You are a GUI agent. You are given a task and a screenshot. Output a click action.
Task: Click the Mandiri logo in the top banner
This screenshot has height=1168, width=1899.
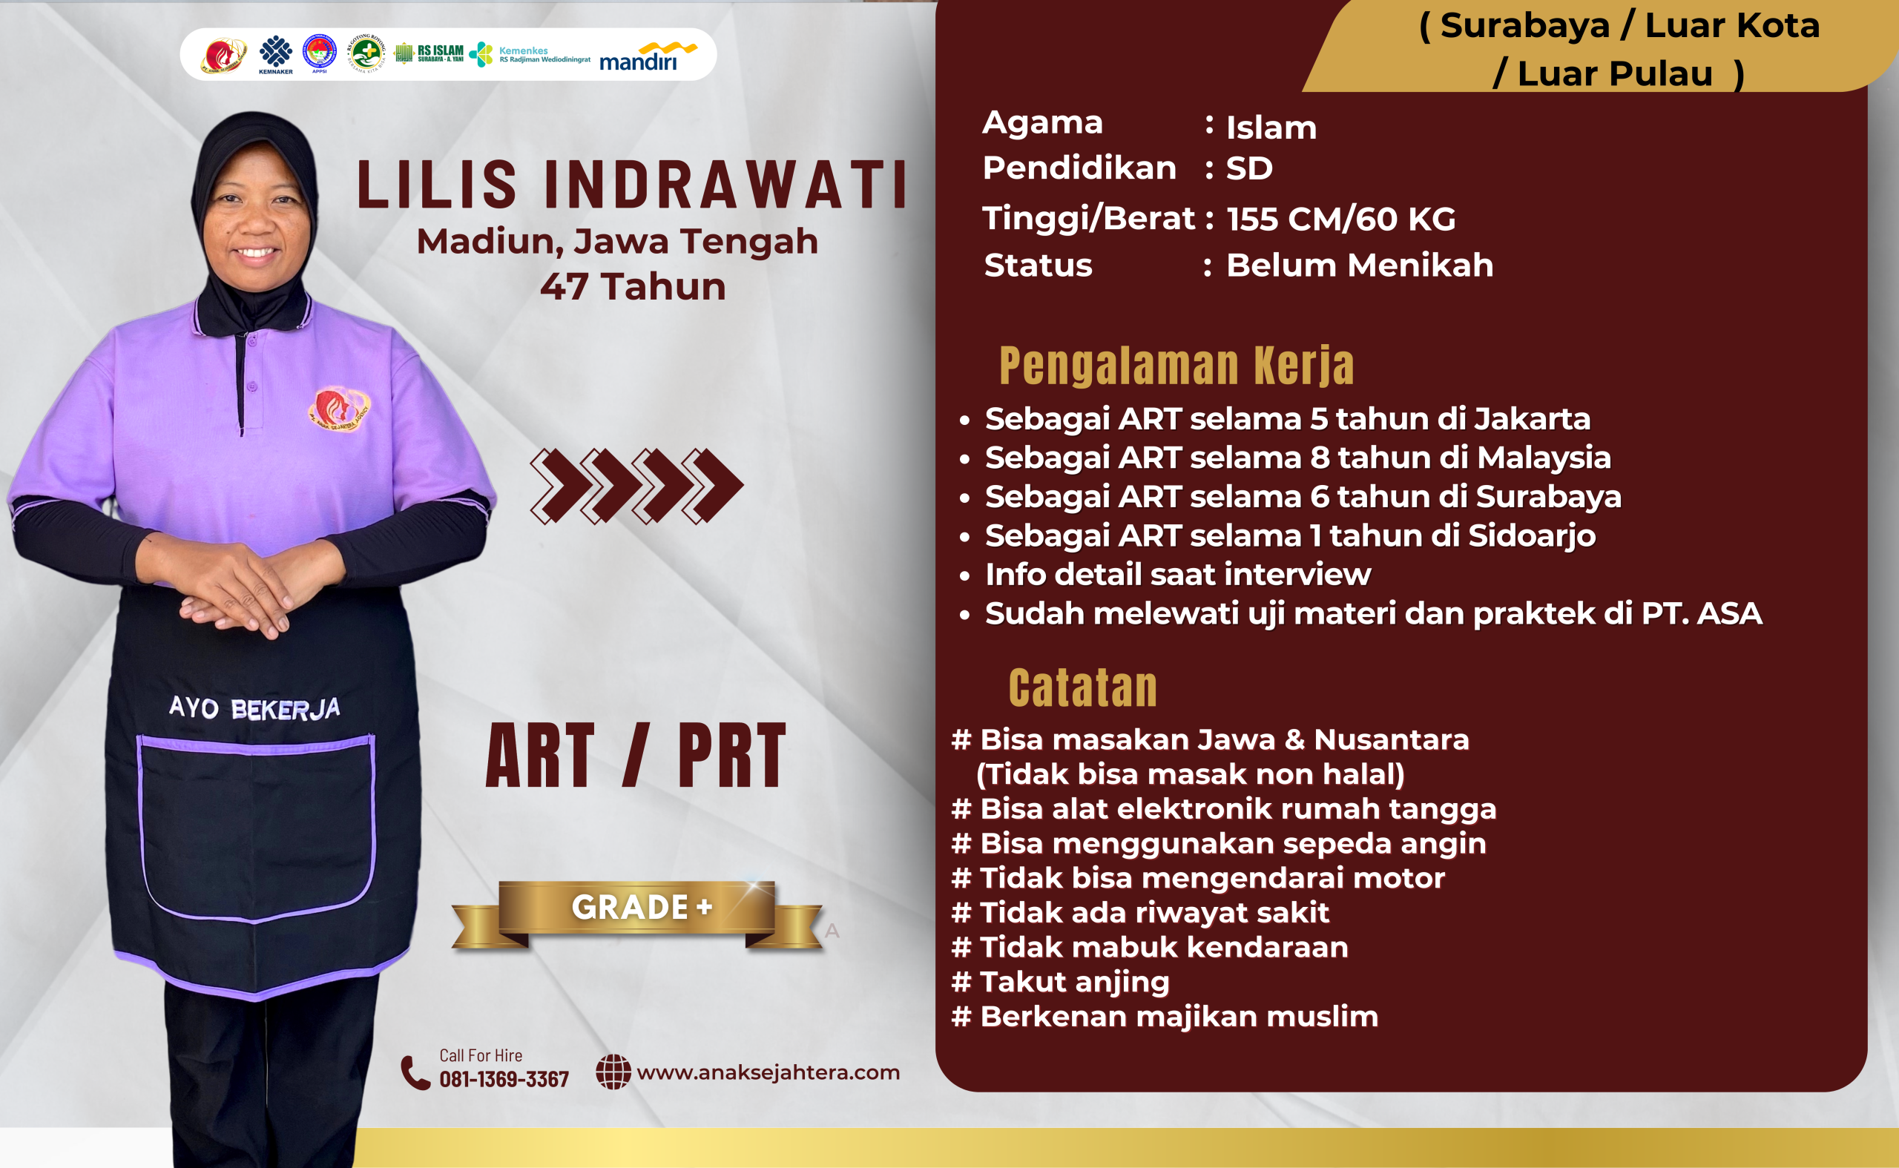648,56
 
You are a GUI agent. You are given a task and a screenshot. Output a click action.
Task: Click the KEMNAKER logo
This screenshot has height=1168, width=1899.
276,54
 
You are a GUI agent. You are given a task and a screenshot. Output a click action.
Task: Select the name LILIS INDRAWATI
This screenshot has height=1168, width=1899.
632,185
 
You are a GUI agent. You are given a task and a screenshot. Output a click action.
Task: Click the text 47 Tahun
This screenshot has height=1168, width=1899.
633,286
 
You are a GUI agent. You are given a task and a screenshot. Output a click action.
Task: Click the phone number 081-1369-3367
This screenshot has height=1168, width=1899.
504,1078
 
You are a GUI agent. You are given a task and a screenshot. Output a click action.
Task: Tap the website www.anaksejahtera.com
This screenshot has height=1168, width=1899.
768,1072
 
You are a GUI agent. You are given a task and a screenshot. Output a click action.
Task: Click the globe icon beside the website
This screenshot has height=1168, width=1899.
613,1072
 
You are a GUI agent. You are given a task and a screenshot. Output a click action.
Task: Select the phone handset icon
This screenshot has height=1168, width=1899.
415,1073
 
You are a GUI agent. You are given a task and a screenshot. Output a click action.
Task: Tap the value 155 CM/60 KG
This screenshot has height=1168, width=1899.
1340,219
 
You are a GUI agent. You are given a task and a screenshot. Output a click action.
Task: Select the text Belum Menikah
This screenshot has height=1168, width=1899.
1360,265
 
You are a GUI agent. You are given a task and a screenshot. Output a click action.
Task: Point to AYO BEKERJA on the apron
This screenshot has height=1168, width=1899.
254,707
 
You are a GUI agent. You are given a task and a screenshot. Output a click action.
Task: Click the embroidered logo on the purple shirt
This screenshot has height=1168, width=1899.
339,408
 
